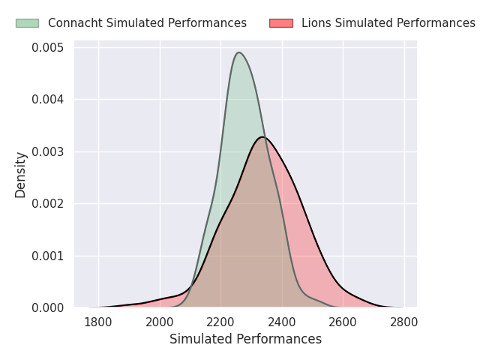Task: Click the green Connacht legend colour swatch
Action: tap(27, 23)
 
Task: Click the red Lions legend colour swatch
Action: tap(280, 23)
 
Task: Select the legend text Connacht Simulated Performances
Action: tap(147, 23)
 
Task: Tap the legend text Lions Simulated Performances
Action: tap(388, 23)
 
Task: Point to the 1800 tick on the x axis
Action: tap(98, 322)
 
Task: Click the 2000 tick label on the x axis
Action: tap(160, 322)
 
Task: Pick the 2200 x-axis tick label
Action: tap(220, 322)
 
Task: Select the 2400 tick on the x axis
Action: tap(282, 322)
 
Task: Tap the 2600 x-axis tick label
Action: tap(343, 322)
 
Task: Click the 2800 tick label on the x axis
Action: tap(404, 322)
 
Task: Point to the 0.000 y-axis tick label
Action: tap(49, 307)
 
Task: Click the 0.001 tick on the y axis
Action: tap(49, 256)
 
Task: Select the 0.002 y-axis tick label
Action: tap(49, 204)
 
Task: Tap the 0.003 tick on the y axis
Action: tap(49, 151)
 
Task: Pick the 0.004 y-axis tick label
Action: tap(49, 100)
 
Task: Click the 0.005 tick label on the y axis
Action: tap(49, 48)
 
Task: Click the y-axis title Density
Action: tap(21, 175)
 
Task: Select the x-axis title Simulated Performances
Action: tap(245, 339)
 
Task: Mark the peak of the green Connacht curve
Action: tap(238, 52)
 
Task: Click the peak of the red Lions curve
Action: tap(262, 136)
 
